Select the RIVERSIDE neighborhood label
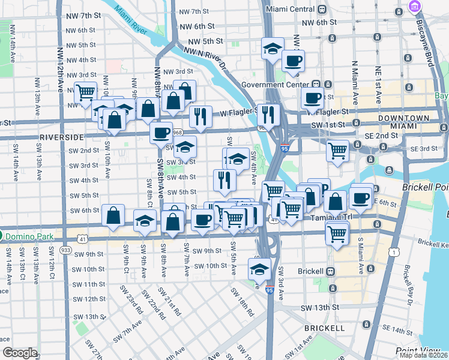(59, 137)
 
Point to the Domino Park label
(29, 236)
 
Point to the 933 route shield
(65, 250)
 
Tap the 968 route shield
(176, 132)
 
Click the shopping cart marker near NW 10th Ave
(86, 92)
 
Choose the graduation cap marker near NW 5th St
(273, 48)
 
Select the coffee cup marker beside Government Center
(313, 98)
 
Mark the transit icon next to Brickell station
(330, 271)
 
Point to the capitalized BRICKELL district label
(324, 328)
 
